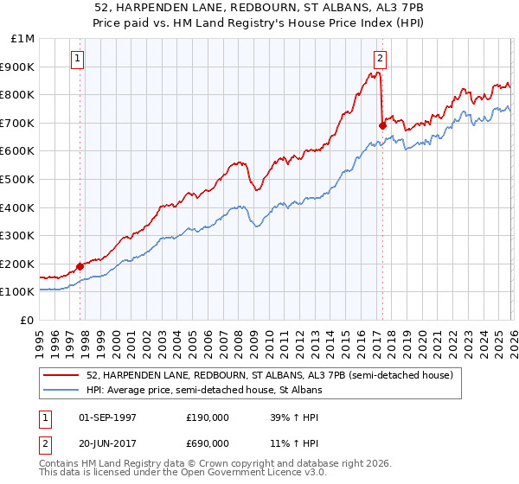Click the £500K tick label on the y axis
tap(18, 179)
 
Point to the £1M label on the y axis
tap(22, 39)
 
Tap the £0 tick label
tap(28, 320)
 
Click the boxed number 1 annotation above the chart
tap(78, 59)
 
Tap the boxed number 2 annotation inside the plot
tap(380, 59)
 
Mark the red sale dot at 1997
tap(80, 266)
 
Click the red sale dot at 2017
tap(382, 125)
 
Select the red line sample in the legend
tap(62, 375)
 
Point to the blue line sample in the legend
tap(62, 391)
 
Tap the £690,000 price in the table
tap(208, 443)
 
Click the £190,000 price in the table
tap(208, 417)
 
